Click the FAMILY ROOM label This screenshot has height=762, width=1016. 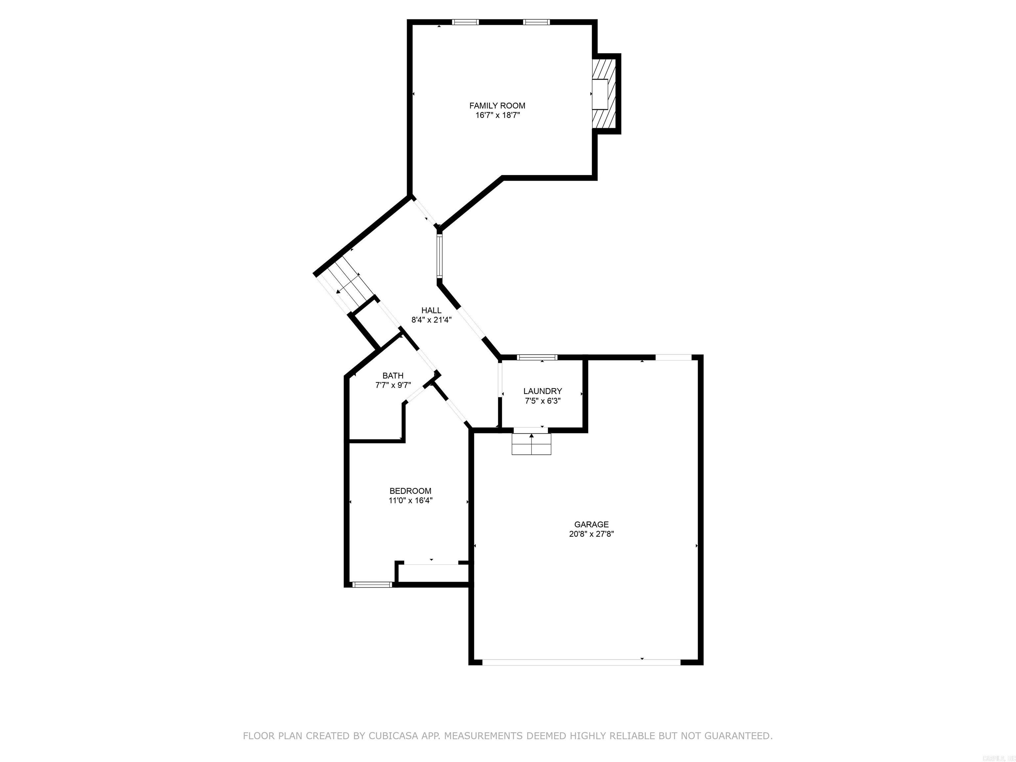click(497, 106)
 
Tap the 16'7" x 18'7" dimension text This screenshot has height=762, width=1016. click(497, 115)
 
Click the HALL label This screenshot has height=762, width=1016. click(431, 311)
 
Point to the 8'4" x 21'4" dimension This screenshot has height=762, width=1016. click(431, 320)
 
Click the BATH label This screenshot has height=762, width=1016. click(393, 376)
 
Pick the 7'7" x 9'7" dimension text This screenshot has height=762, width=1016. click(393, 385)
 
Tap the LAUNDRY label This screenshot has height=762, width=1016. click(542, 391)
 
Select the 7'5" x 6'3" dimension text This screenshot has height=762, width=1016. click(542, 401)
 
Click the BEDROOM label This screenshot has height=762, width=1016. click(410, 491)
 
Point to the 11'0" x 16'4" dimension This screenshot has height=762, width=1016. click(410, 501)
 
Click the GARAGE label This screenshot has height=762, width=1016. click(591, 525)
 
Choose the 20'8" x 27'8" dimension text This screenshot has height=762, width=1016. click(591, 534)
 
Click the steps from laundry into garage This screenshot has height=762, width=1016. click(531, 444)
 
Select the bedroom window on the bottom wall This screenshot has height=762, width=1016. click(372, 585)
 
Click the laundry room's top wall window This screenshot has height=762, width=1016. click(537, 357)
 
